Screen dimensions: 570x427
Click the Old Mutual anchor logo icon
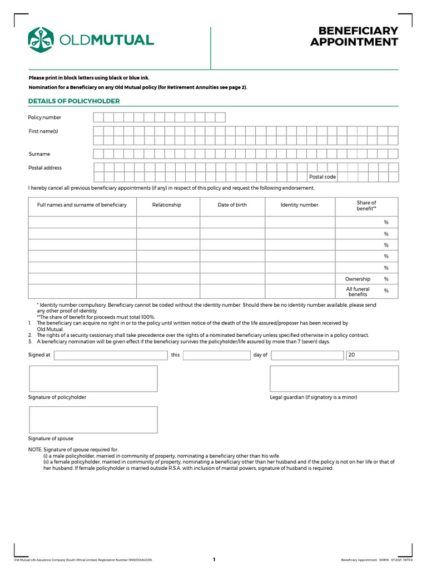tap(41, 40)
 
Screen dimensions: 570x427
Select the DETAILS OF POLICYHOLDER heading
tap(74, 101)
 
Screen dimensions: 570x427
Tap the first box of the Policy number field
tap(98, 117)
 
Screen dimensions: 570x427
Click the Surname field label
tap(39, 154)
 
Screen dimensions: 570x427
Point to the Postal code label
tap(322, 177)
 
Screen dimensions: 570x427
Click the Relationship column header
tap(167, 205)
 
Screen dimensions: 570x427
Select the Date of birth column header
tap(232, 205)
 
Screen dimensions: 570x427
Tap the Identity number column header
tap(299, 205)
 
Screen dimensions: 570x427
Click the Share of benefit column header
tap(366, 205)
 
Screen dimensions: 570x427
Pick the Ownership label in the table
tap(358, 279)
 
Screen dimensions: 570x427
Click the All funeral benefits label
tap(358, 292)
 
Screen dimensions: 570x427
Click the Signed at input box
tap(111, 355)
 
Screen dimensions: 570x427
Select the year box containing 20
tap(372, 355)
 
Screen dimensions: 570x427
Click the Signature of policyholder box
tap(93, 379)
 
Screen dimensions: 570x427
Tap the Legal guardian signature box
tap(334, 379)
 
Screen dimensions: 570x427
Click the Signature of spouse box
tap(93, 420)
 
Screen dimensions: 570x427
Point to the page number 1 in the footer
tap(213, 560)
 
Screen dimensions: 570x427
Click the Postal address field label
tap(45, 168)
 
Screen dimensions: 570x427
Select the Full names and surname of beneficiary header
tap(82, 205)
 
